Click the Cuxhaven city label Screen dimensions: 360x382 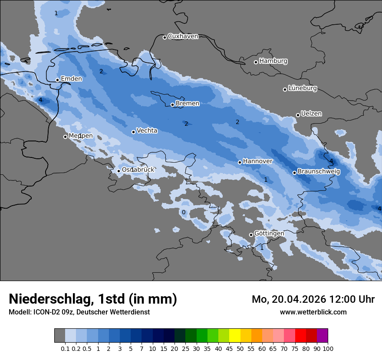tap(183, 36)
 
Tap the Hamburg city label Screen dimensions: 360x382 tap(273, 61)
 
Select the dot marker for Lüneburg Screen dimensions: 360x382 tap(285, 89)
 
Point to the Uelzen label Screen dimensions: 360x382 tap(311, 114)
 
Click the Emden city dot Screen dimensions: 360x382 tap(57, 80)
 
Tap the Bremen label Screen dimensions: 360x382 tap(188, 104)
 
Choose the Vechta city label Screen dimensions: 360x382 tap(147, 131)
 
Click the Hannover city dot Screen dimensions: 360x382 tap(240, 162)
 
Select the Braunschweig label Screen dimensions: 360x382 tap(319, 172)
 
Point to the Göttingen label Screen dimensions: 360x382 tap(269, 233)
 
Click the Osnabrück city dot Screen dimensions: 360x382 tap(119, 171)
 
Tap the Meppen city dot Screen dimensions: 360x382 tap(65, 137)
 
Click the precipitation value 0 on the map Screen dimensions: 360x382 tap(184, 212)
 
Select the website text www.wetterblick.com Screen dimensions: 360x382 tap(313, 312)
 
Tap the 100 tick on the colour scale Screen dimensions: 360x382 tap(328, 348)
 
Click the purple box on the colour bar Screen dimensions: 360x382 tap(322, 335)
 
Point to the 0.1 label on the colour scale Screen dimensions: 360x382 tap(65, 348)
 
